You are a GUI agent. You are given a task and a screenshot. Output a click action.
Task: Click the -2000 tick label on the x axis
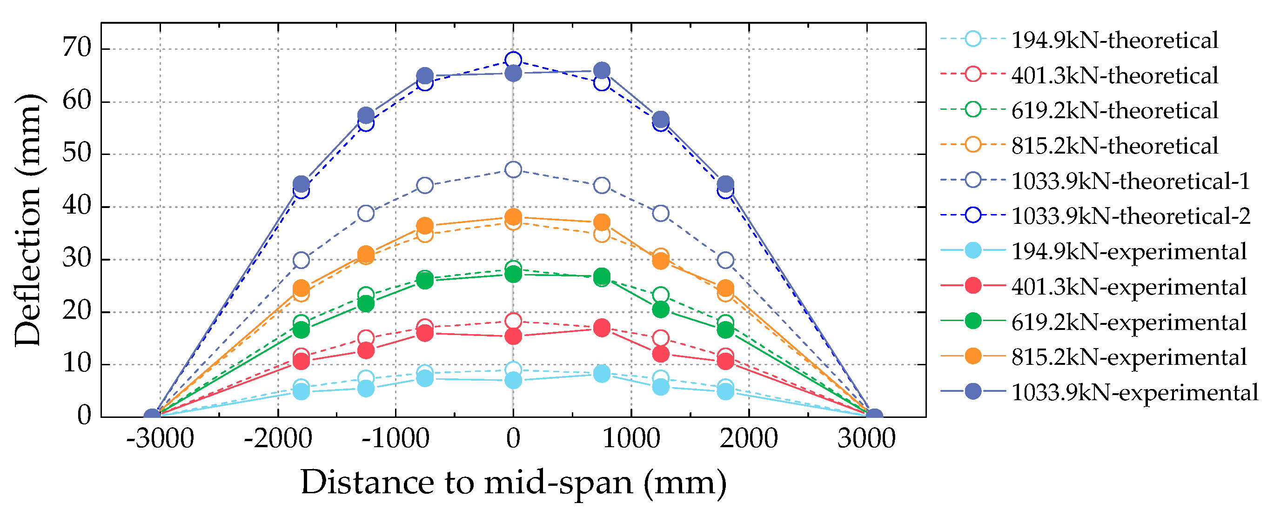click(278, 438)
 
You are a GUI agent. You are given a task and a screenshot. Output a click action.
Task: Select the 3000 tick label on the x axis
click(867, 438)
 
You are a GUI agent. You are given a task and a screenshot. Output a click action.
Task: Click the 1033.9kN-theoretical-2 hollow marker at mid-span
click(513, 60)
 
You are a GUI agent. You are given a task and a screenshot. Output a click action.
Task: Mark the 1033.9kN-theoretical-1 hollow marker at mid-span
click(513, 170)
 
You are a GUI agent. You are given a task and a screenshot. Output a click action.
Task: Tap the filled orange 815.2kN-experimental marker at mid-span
click(513, 216)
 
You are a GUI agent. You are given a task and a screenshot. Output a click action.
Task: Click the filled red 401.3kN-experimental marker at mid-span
click(513, 336)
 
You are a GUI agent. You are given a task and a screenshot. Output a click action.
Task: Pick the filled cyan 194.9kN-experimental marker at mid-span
click(513, 380)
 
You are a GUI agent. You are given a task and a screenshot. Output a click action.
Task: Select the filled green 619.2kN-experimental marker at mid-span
click(513, 274)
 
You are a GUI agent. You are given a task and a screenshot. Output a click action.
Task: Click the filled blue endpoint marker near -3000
click(153, 416)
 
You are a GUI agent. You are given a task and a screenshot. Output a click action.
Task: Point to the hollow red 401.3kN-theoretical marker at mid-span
click(513, 321)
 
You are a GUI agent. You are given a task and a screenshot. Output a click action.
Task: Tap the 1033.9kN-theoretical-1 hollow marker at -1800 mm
click(301, 260)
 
